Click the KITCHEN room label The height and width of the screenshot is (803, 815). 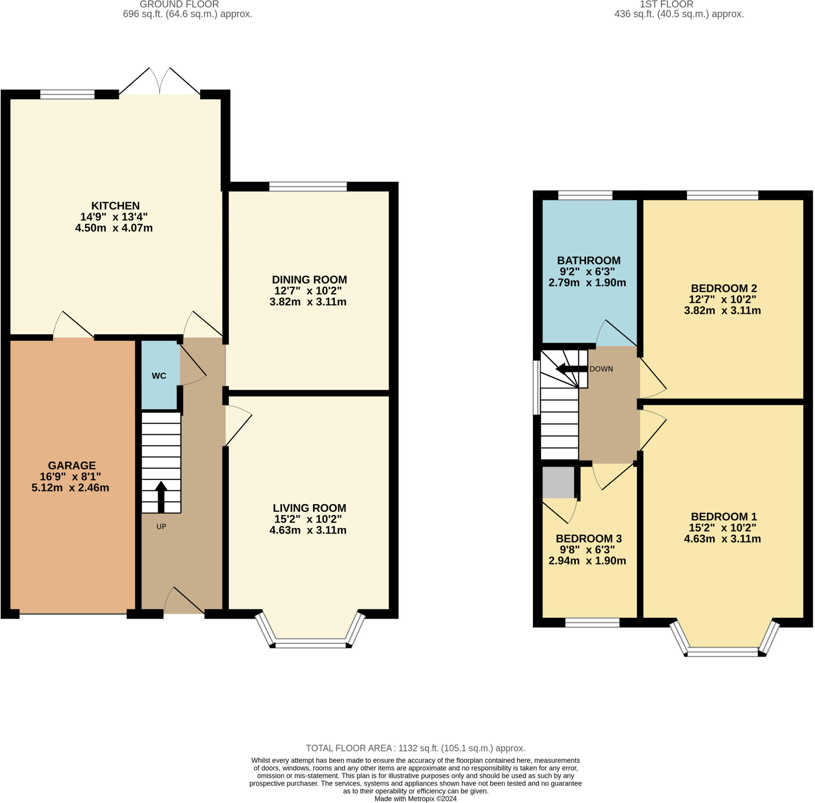point(115,206)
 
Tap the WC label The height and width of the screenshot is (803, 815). point(159,375)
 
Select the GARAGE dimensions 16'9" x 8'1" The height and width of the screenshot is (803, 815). point(70,476)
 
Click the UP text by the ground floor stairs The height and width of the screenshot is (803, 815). point(161,527)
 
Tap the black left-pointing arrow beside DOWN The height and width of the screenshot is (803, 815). point(570,369)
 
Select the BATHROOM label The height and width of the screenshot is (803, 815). point(589,261)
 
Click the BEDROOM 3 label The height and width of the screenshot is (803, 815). point(589,538)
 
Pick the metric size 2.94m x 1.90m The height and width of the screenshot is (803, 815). point(587,561)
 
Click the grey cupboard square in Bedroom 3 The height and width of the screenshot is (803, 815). point(558,482)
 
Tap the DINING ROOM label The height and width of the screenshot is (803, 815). point(309,280)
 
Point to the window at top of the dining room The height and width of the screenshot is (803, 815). point(308,186)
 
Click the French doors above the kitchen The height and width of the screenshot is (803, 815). point(160,82)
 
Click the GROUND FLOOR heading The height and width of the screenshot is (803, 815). point(179,5)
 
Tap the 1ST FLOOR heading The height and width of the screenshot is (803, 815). point(666,5)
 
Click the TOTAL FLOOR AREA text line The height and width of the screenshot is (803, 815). point(415,748)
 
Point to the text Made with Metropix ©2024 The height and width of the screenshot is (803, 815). point(415,798)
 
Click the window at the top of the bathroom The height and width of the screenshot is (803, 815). point(585,195)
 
